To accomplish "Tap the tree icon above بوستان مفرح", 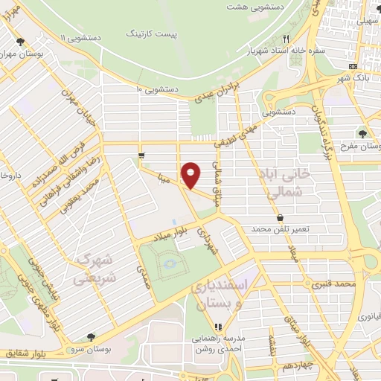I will point(362,134).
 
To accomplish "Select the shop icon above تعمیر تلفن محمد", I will point(280,218).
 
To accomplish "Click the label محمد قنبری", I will point(331,284).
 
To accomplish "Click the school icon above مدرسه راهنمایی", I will point(218,326).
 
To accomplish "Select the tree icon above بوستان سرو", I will point(91,338).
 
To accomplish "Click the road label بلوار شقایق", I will point(24,353).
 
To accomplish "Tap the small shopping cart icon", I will point(141,156).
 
